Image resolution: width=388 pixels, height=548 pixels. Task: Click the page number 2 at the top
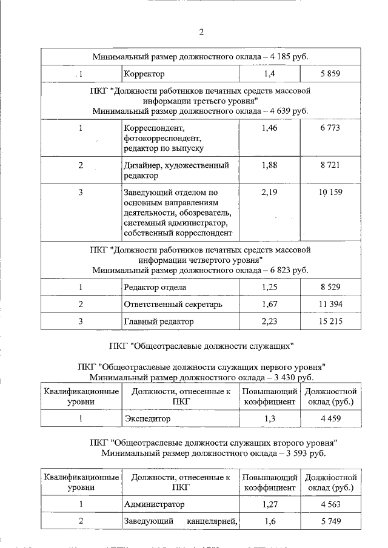201,32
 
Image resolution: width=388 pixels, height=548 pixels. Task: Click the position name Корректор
144,74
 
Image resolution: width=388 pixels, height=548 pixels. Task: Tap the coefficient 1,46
269,128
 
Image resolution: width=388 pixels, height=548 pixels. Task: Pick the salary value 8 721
330,165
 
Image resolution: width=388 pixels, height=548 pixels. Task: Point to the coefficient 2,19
269,192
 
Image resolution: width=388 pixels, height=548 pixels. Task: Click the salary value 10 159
330,193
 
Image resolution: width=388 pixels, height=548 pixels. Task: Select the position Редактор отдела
155,287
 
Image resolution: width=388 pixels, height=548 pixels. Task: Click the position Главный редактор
158,322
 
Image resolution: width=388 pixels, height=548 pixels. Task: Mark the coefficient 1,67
269,304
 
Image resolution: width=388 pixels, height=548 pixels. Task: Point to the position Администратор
154,504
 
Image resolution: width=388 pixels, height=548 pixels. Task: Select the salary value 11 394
330,304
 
